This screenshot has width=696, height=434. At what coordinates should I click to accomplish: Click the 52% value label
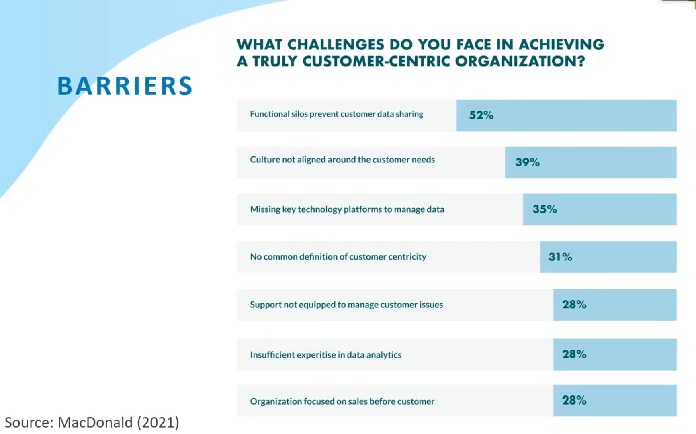point(481,115)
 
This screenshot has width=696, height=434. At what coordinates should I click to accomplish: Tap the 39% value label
point(527,162)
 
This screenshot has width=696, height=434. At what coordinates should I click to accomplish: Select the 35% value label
point(545,209)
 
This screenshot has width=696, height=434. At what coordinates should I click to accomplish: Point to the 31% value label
point(560,256)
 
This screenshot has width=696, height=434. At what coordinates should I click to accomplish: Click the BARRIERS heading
point(125,86)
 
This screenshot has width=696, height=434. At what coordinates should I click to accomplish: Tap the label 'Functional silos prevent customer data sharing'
point(336,114)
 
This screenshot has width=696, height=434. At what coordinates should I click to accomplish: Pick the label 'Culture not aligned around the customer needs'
point(342,160)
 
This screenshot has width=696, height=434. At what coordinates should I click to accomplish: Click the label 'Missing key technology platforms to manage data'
point(347,209)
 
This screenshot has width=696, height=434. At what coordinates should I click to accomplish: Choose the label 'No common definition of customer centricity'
point(338,257)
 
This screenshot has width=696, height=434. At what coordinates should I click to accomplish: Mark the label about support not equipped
point(346,305)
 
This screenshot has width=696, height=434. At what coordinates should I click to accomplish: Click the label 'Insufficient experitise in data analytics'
point(325,355)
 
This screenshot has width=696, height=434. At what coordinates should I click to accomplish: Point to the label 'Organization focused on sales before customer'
point(342,401)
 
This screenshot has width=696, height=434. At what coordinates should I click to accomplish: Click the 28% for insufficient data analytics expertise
point(574,354)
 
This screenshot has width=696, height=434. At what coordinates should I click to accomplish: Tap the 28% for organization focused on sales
point(574,400)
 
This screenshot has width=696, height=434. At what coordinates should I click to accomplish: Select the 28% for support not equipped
point(574,304)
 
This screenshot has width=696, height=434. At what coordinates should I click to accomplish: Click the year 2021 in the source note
point(158,422)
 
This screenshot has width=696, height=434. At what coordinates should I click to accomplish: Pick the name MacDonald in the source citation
point(95,422)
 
